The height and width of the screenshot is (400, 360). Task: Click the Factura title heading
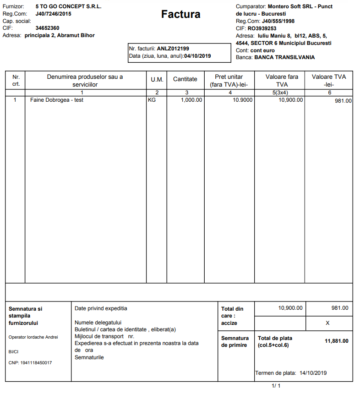point(180,14)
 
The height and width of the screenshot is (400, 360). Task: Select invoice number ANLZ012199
point(173,48)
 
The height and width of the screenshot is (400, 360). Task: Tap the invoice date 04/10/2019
point(197,56)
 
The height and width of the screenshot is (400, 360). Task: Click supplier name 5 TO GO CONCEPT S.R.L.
point(68,7)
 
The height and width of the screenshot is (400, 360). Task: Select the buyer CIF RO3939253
point(262,28)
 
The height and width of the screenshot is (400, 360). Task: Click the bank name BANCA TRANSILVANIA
point(284,57)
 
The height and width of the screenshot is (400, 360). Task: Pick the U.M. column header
point(157,80)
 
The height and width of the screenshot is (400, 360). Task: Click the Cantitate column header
point(185,79)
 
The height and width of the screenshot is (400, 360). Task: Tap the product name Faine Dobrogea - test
point(57,99)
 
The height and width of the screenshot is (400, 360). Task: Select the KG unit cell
point(152,99)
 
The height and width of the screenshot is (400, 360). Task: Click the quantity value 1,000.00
point(191,99)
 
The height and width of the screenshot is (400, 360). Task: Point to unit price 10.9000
point(242,99)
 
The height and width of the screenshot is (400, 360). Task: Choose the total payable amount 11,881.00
point(336,341)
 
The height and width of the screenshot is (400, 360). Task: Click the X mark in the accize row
point(327,323)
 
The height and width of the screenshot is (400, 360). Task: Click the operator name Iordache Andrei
point(44,337)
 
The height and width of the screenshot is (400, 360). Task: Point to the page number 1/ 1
point(276,386)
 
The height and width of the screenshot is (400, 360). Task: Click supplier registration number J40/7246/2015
point(53,14)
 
